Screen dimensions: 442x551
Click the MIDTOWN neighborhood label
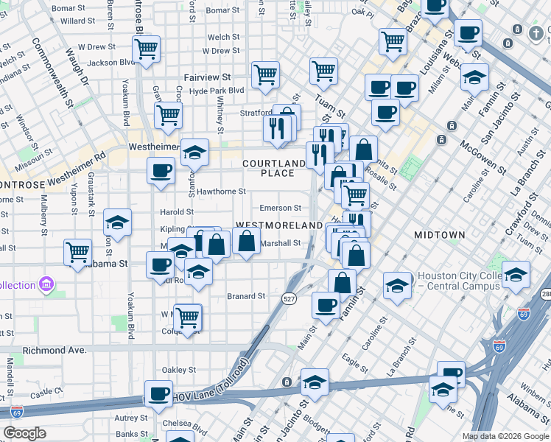[x=439, y=235]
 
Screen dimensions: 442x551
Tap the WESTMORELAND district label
[x=278, y=225]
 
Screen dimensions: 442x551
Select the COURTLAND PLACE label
[x=273, y=168]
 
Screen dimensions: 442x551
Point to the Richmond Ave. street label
[x=55, y=351]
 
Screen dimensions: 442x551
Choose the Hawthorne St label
[x=221, y=192]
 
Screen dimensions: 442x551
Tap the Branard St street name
[x=245, y=296]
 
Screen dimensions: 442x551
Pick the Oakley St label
[x=179, y=370]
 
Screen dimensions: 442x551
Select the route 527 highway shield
[x=289, y=296]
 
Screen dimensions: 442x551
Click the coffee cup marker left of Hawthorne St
[x=161, y=171]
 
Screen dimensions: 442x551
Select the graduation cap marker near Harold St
[x=117, y=221]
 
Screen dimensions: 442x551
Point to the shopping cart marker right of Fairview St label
[x=265, y=74]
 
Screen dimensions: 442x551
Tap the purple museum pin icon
[x=46, y=284]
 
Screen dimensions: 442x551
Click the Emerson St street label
[x=280, y=208]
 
